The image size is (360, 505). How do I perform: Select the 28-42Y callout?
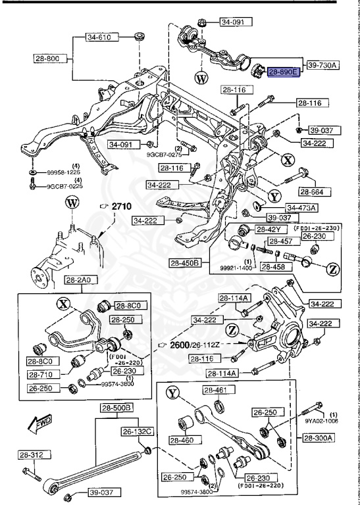[x=268, y=229]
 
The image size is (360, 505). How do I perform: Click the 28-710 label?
[x=43, y=373]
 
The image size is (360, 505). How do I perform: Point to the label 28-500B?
[x=116, y=408]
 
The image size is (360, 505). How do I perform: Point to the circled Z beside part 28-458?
[x=332, y=268]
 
